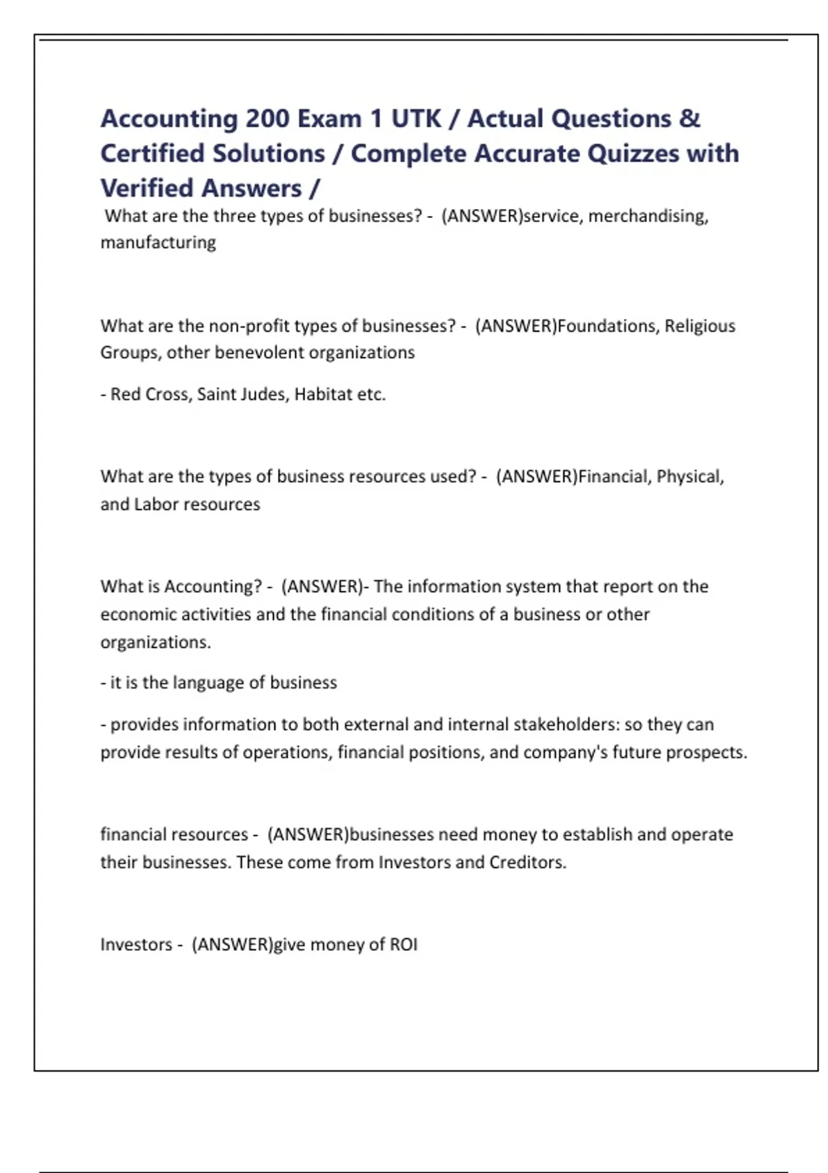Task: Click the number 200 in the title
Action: [x=268, y=119]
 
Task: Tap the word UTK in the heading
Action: [x=416, y=119]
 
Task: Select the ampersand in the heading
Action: [x=689, y=119]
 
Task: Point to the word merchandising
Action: [x=648, y=216]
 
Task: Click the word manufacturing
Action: [x=158, y=243]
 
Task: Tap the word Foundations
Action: [x=607, y=326]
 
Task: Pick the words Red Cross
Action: [x=149, y=394]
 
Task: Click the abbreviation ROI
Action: [x=404, y=945]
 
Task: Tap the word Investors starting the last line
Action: [x=136, y=945]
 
